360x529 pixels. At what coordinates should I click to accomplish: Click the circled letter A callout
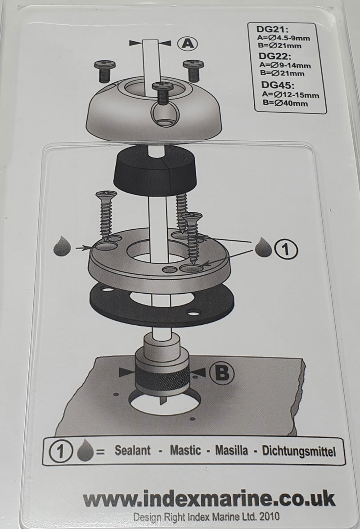coord(188,44)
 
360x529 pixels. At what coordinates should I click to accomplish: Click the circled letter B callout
coord(222,373)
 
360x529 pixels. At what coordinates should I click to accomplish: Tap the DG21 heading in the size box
coord(269,30)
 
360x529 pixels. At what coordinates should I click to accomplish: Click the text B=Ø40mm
coord(285,103)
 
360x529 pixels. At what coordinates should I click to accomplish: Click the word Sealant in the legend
coord(132,450)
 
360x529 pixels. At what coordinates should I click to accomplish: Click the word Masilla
coord(231,450)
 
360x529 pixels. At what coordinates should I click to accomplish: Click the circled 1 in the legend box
coord(61,452)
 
